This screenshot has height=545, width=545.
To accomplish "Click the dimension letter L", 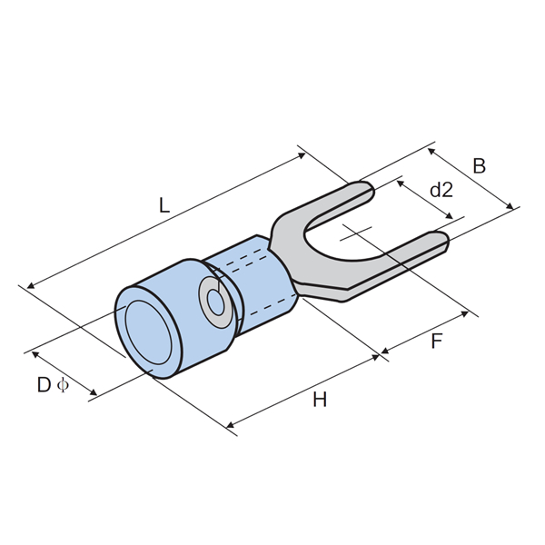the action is pos(164,205).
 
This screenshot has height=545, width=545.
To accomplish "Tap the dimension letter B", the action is pos(479,166).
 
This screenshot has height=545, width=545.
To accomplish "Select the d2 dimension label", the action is pos(441,190).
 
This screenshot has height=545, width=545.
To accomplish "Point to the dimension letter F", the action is pos(436,341).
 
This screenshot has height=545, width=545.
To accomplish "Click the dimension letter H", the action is pos(320,400).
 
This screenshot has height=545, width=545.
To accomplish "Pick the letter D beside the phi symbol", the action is pos(44,385).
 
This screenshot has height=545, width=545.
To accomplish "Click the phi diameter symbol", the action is pos(63,385).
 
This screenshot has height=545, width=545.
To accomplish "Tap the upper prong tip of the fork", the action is pos(372,190).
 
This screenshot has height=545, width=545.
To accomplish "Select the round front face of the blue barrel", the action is pos(148,332).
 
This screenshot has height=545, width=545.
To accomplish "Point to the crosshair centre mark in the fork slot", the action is pos(357,233).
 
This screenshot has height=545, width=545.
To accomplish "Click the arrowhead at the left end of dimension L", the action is pos(31,286).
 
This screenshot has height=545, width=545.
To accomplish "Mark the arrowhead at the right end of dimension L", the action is pos(302,155).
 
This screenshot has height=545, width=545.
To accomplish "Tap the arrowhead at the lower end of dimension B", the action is pos(510,206).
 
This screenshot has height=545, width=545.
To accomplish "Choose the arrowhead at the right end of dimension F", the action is pos(465,314).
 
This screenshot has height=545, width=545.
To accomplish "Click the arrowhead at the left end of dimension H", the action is pos(230,424).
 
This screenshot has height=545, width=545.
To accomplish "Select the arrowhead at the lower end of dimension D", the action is pos(94,392).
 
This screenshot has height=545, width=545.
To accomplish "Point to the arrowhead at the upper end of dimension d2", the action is pos(401,183).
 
